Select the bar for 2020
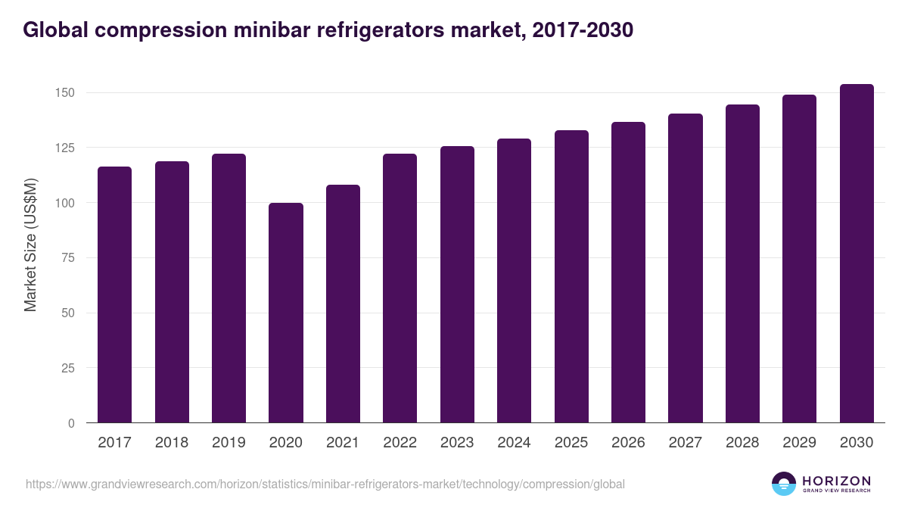click(286, 313)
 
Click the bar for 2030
click(857, 254)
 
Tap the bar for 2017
click(114, 294)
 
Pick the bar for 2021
click(343, 304)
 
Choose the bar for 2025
click(571, 276)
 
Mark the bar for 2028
click(742, 263)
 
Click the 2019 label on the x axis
click(229, 443)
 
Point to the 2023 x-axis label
click(457, 443)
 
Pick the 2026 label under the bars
click(628, 443)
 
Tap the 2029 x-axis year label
click(799, 443)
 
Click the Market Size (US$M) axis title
click(30, 244)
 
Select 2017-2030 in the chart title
click(583, 30)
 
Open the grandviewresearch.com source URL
click(325, 484)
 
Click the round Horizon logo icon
click(784, 484)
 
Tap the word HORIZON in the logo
click(836, 480)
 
